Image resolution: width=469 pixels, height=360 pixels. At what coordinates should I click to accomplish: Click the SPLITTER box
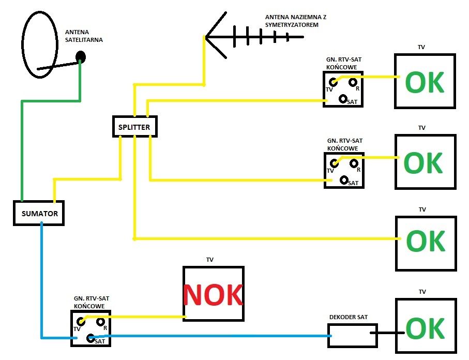[x=134, y=127]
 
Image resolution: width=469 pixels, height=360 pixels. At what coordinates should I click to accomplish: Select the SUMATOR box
[x=39, y=213]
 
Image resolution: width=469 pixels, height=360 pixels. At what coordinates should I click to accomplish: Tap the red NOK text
[x=213, y=294]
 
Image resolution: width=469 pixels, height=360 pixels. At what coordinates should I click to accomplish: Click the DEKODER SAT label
[x=349, y=317]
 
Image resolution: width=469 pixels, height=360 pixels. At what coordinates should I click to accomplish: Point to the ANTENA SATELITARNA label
[x=84, y=36]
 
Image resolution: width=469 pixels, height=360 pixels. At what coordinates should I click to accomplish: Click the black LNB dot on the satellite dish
[x=81, y=56]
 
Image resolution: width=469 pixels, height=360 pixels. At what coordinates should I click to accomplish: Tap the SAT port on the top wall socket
[x=343, y=98]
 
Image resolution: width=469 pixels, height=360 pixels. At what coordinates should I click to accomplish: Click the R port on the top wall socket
[x=353, y=82]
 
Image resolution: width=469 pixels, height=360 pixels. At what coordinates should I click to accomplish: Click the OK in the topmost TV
[x=425, y=82]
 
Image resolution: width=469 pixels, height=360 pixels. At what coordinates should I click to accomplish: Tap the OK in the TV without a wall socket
[x=425, y=241]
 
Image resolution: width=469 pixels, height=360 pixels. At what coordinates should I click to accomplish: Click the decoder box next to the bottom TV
[x=353, y=335]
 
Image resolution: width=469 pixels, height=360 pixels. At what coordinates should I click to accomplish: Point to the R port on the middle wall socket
[x=354, y=163]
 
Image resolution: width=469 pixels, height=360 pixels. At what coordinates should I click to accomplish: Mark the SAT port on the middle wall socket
[x=344, y=179]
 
